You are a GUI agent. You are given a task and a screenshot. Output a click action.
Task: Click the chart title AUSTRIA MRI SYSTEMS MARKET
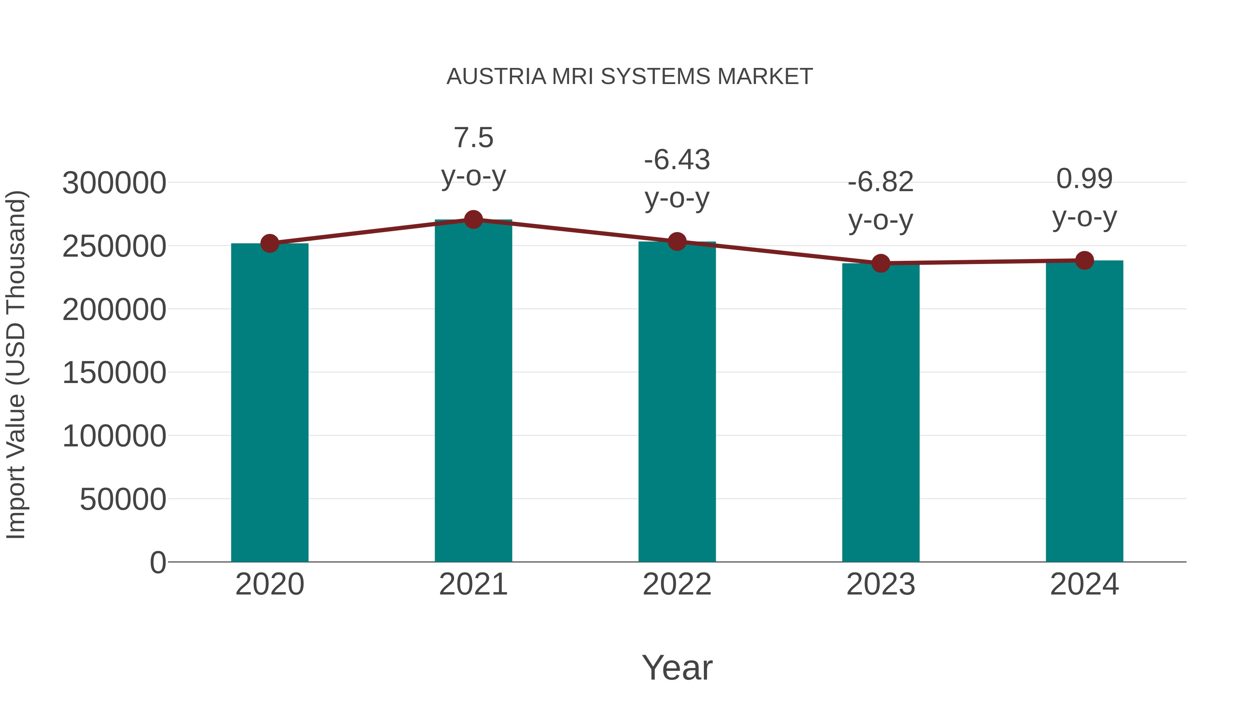coord(630,77)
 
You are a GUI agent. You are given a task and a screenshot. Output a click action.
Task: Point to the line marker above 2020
coord(269,243)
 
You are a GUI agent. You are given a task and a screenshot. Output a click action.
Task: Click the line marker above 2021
coord(473,220)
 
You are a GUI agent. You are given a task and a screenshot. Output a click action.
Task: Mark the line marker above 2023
coord(881,263)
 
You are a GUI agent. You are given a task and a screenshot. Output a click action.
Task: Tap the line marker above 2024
coord(1084,260)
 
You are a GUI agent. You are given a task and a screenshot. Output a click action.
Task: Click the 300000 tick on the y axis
coord(114,183)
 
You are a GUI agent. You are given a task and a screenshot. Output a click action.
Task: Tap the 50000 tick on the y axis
coord(123,500)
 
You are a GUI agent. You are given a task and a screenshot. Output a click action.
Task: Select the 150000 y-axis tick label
coord(114,373)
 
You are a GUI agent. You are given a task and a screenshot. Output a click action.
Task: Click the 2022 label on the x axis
coord(677,584)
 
